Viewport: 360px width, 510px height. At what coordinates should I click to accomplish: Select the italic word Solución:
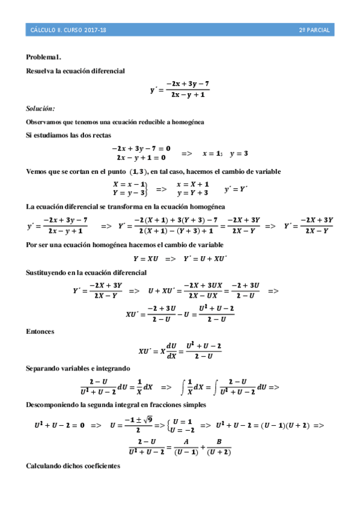40,108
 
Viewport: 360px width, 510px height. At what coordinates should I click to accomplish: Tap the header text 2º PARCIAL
314,29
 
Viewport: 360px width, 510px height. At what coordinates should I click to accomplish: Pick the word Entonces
40,331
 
